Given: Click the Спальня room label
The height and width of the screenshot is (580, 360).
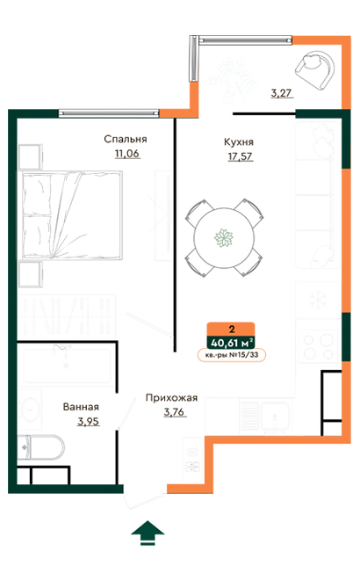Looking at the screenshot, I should [125, 139].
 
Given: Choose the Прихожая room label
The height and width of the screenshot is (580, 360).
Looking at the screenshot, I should [171, 397].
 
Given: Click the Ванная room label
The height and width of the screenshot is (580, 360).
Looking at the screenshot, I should [81, 408].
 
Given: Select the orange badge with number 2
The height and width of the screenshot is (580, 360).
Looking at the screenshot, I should [232, 328].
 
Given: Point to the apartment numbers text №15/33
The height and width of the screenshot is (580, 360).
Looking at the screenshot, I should [232, 356].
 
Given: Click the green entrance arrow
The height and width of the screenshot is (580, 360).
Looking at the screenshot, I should [147, 533].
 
